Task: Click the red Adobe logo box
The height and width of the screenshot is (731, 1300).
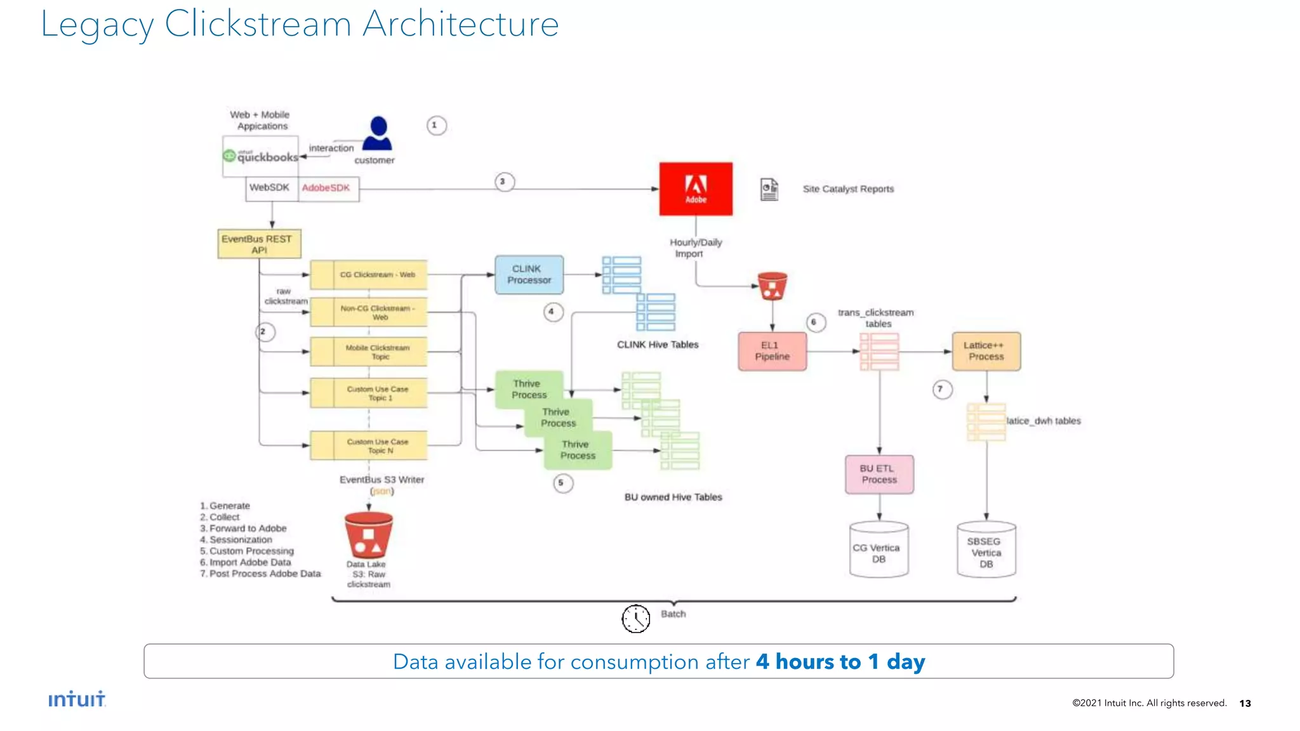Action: pyautogui.click(x=696, y=188)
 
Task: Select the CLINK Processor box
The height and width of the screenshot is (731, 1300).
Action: pyautogui.click(x=529, y=275)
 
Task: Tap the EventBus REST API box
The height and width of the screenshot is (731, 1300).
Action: pyautogui.click(x=259, y=244)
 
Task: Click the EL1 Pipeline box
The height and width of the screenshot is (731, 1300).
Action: pyautogui.click(x=772, y=351)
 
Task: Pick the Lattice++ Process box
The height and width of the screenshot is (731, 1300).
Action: pyautogui.click(x=986, y=351)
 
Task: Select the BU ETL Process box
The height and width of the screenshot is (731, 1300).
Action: pyautogui.click(x=879, y=474)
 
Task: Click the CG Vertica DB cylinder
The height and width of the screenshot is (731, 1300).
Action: pyautogui.click(x=879, y=550)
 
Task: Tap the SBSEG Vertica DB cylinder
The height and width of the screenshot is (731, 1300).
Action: pyautogui.click(x=986, y=550)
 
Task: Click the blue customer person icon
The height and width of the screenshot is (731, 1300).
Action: pyautogui.click(x=378, y=133)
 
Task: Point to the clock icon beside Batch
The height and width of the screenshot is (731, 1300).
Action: pyautogui.click(x=635, y=618)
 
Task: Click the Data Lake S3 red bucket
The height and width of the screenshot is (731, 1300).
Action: pyautogui.click(x=368, y=534)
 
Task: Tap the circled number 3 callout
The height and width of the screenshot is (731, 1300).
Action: pyautogui.click(x=504, y=182)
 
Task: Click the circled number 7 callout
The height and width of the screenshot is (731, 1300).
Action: pyautogui.click(x=942, y=389)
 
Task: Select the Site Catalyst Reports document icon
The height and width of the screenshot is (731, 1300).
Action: pyautogui.click(x=769, y=189)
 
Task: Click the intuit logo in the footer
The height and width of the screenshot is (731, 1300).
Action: pyautogui.click(x=77, y=699)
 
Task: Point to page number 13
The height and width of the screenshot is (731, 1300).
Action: pyautogui.click(x=1245, y=703)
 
